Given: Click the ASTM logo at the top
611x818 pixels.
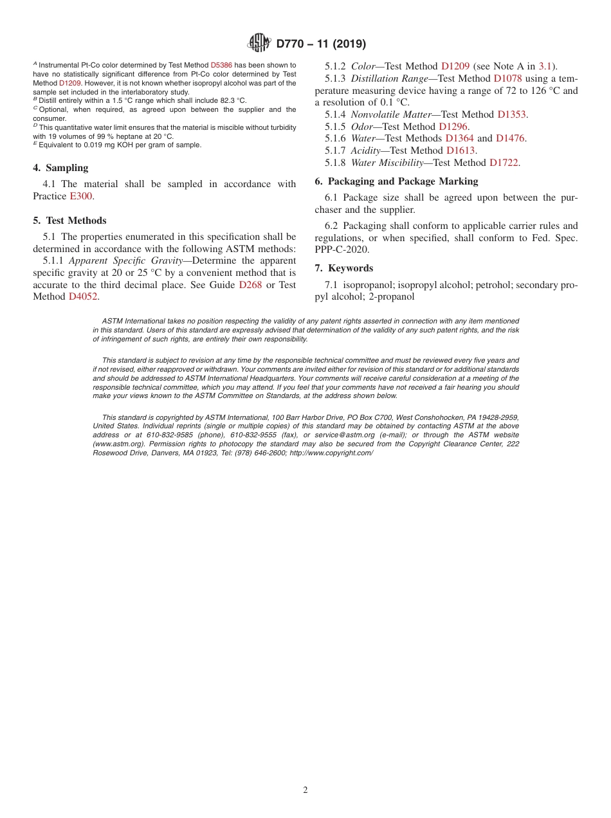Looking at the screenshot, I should pyautogui.click(x=259, y=43).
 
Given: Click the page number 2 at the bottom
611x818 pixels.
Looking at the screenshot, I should pyautogui.click(x=305, y=790).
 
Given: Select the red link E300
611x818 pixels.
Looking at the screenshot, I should pyautogui.click(x=81, y=196).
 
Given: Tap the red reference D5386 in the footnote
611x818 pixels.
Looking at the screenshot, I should pyautogui.click(x=221, y=65).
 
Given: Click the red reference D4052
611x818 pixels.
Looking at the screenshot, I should pyautogui.click(x=84, y=296).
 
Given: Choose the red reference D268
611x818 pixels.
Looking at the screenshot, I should pyautogui.click(x=250, y=285).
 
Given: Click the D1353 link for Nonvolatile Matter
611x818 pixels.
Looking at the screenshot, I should pyautogui.click(x=512, y=114).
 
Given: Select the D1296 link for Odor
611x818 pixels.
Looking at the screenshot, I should pyautogui.click(x=453, y=127).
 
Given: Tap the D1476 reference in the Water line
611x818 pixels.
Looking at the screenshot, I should pyautogui.click(x=511, y=138).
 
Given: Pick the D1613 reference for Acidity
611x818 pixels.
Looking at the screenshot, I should pyautogui.click(x=461, y=150).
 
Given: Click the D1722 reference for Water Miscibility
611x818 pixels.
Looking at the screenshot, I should pyautogui.click(x=504, y=163).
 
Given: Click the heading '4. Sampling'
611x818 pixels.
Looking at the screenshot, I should pyautogui.click(x=60, y=168).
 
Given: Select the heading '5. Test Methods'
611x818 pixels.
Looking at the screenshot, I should pyautogui.click(x=69, y=221).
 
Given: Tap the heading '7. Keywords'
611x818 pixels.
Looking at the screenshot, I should pyautogui.click(x=343, y=268).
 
